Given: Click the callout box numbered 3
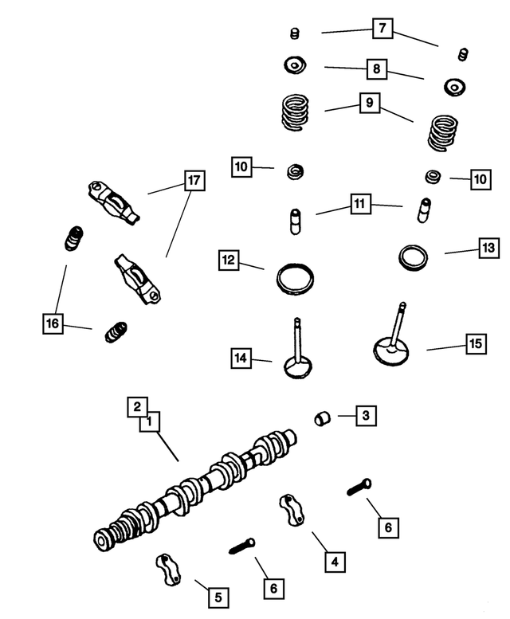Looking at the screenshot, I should click(365, 415).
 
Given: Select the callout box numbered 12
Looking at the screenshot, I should click(229, 260).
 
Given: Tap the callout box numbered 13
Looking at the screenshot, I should click(488, 249).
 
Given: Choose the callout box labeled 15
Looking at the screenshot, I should click(475, 344).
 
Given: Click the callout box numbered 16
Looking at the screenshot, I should click(53, 323).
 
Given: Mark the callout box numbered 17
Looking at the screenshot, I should click(193, 181).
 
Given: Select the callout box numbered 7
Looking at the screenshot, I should click(382, 29).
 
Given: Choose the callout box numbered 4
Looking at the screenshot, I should click(335, 562).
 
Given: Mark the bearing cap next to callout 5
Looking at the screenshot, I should click(169, 570).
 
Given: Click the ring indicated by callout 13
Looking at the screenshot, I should click(413, 257).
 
